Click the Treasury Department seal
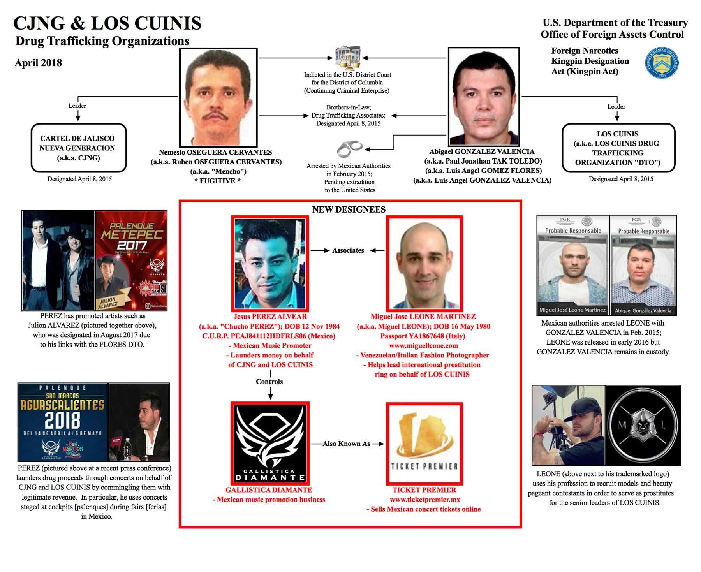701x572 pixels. [x=662, y=63]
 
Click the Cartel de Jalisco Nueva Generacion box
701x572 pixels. [x=78, y=148]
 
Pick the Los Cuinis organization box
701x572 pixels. [x=618, y=148]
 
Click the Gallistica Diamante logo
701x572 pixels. [x=269, y=443]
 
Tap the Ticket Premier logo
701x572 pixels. [x=424, y=443]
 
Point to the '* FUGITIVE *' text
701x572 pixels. [x=217, y=181]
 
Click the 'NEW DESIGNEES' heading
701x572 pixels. [x=349, y=209]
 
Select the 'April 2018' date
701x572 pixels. [x=38, y=63]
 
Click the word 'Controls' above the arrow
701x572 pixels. [x=269, y=382]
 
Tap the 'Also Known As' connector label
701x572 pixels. [x=347, y=444]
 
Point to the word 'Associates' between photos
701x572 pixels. [x=348, y=250]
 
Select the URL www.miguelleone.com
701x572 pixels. [x=423, y=345]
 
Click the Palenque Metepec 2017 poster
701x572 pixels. [x=131, y=260]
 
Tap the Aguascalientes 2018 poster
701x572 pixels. [x=63, y=422]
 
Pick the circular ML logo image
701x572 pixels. [x=643, y=425]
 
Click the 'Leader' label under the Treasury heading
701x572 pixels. [x=616, y=106]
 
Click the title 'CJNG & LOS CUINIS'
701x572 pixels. [x=107, y=23]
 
